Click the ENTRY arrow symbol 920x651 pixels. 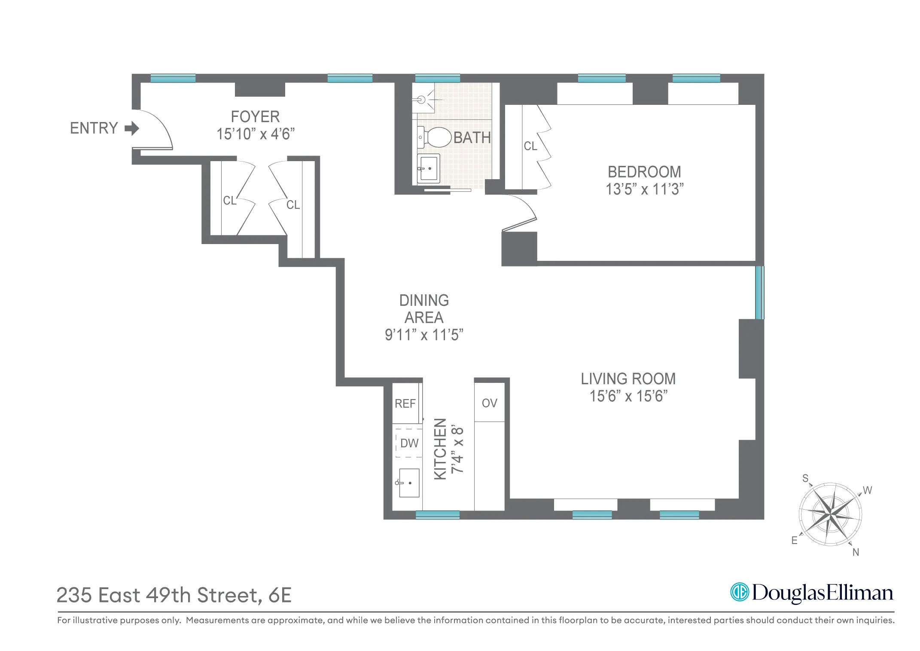(132, 128)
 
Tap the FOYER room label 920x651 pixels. (255, 117)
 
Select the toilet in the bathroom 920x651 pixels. (434, 138)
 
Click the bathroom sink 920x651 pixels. (429, 168)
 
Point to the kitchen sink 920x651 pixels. (409, 483)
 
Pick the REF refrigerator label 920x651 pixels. (405, 403)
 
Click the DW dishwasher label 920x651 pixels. (409, 443)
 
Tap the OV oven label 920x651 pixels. (489, 403)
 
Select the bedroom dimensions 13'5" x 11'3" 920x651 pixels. (644, 189)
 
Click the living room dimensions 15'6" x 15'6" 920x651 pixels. (628, 396)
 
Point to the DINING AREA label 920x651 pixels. (424, 309)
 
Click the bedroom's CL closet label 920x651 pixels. (530, 146)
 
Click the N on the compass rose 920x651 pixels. (856, 552)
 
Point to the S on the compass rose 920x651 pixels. (805, 478)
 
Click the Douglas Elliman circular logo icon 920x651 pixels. (739, 592)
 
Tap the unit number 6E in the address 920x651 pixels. (280, 595)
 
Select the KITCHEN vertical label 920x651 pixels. (440, 449)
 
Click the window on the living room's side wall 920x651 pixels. (759, 293)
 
